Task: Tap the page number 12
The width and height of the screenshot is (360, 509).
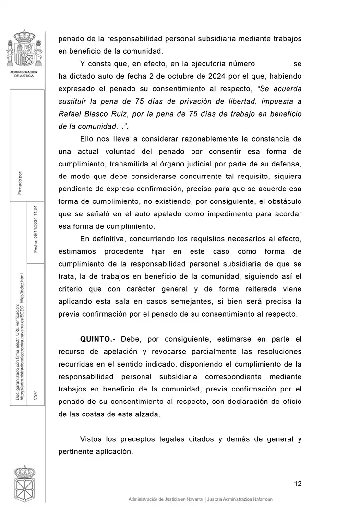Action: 298,483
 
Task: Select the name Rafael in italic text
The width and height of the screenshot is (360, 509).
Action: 71,114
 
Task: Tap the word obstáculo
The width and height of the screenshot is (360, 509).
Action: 282,201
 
